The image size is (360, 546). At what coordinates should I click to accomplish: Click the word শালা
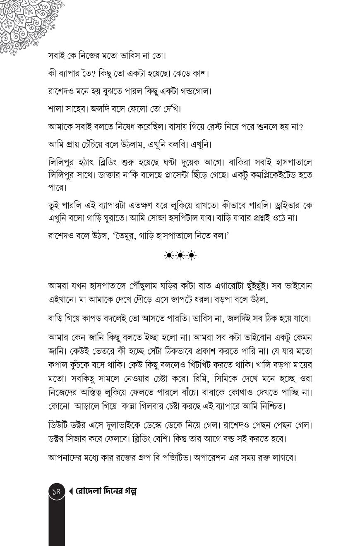[x=57, y=109]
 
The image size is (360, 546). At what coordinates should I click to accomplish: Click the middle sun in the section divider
[x=180, y=256]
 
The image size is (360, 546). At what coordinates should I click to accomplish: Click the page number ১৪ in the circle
[x=57, y=491]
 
